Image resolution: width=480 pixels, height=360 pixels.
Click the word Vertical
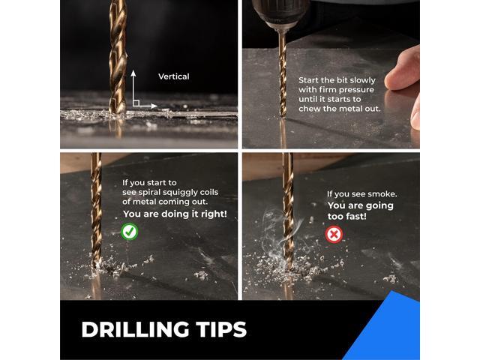tap(173, 76)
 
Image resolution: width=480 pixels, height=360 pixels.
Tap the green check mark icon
tap(130, 232)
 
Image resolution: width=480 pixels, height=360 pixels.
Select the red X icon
tap(334, 235)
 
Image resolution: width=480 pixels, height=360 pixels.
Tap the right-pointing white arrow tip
tap(156, 106)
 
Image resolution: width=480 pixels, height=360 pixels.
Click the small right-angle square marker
tap(136, 103)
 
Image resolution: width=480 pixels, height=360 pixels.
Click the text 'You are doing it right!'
tap(175, 214)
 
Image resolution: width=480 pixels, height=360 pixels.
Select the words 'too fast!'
tap(346, 217)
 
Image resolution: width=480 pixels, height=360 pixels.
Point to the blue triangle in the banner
tap(388, 331)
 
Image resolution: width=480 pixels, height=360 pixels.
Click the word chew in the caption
tap(307, 109)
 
